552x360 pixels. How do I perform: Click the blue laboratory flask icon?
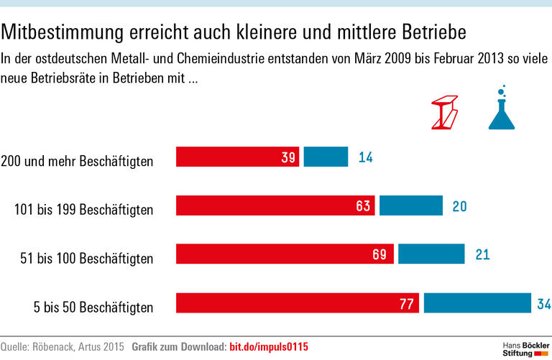[502, 109]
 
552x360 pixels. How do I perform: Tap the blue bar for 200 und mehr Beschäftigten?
[326, 157]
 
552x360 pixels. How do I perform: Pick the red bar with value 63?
[275, 206]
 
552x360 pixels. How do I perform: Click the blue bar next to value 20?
[410, 206]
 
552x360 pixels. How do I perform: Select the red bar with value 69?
[285, 254]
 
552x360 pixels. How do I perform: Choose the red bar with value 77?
[298, 303]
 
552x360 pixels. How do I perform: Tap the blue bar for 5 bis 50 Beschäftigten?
[477, 303]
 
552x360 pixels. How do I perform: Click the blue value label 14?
[365, 157]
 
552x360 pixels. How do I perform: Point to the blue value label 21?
[482, 254]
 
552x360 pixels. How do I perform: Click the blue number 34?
[544, 304]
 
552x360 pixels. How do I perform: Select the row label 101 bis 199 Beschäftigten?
[84, 211]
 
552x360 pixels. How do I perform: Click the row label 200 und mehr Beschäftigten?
[77, 161]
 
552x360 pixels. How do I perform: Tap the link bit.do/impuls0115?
[268, 347]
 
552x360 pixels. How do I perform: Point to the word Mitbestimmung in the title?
[60, 32]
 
